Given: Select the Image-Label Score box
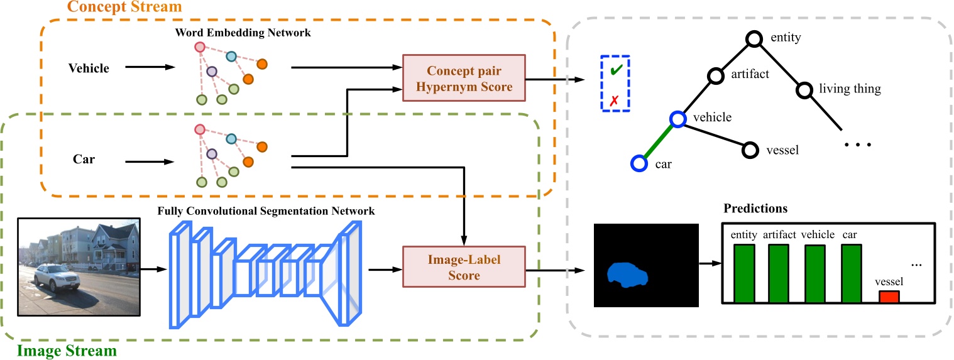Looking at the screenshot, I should click(464, 267).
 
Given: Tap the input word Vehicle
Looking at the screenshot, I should click(89, 68).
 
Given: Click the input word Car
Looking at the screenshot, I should click(84, 159).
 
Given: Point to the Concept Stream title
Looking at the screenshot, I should click(124, 7).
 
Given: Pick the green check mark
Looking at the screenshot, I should click(615, 70).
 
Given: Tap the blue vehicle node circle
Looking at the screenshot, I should click(676, 118).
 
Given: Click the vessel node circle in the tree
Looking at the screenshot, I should click(750, 150).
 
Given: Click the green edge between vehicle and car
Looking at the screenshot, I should click(657, 141).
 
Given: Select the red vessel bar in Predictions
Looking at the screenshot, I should click(889, 297).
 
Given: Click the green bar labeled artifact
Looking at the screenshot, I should click(778, 273).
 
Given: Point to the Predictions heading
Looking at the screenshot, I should click(755, 208).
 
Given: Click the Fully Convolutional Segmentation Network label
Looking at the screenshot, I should click(266, 211).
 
